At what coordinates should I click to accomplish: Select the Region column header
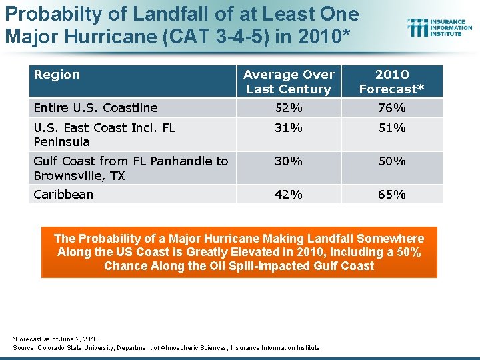click(57, 75)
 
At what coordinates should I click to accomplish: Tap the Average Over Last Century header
click(289, 81)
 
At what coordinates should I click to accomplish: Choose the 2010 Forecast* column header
click(392, 81)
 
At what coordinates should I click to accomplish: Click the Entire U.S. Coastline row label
click(95, 108)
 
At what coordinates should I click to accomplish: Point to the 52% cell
click(289, 108)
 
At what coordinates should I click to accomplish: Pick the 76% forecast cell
click(392, 108)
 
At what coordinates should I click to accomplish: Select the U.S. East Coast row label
click(104, 134)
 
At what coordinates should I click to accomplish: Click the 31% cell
click(289, 127)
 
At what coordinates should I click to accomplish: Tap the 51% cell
click(392, 127)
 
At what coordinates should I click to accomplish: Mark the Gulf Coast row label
click(131, 168)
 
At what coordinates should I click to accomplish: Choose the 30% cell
click(289, 161)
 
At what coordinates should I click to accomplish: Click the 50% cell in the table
click(392, 161)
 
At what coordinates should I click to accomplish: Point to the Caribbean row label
click(63, 195)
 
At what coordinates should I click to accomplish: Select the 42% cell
click(289, 195)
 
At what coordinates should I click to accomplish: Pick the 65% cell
click(392, 195)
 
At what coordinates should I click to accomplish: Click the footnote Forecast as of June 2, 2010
click(56, 339)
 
